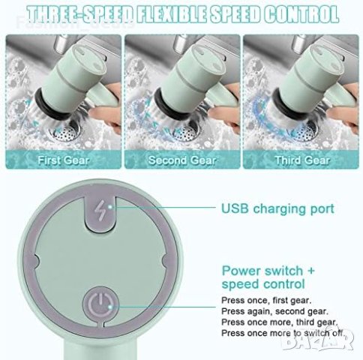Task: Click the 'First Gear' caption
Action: (64, 160)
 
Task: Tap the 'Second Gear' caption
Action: (182, 160)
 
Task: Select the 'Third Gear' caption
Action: (302, 160)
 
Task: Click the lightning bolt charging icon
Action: (99, 211)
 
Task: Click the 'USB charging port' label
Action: (277, 208)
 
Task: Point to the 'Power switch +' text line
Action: (268, 271)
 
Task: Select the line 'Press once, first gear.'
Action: (266, 300)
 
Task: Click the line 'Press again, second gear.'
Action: (274, 311)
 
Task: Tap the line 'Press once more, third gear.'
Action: (280, 322)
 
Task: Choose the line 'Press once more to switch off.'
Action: (283, 333)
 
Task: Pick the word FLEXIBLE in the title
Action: (172, 14)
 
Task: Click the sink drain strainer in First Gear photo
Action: (67, 131)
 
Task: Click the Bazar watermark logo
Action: (318, 340)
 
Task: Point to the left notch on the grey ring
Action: (36, 261)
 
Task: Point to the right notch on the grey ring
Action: (166, 261)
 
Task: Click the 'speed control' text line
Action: (263, 284)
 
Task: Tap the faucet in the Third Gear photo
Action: (299, 43)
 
